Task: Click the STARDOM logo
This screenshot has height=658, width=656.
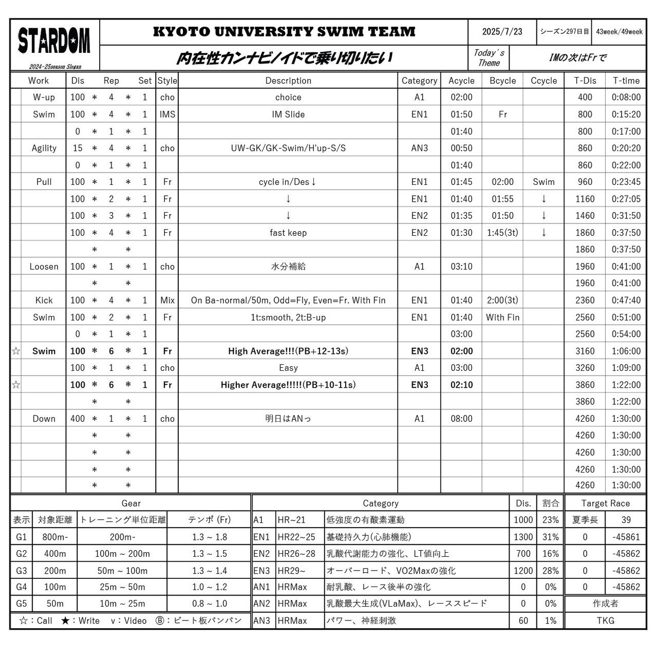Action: click(54, 41)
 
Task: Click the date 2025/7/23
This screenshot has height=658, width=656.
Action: click(502, 32)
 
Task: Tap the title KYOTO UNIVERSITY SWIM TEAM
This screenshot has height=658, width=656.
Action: click(284, 32)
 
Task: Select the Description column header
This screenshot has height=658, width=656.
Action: click(288, 81)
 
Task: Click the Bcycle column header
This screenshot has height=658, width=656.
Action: click(502, 81)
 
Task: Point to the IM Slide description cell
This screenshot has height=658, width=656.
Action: click(288, 115)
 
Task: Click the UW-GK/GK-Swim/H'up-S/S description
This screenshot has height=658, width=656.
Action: click(288, 148)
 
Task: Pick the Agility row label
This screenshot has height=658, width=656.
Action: click(44, 148)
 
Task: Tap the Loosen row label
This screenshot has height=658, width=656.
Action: click(44, 267)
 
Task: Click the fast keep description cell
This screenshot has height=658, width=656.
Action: click(288, 233)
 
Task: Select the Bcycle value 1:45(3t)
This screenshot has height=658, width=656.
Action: click(502, 233)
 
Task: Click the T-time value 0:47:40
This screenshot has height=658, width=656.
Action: click(626, 300)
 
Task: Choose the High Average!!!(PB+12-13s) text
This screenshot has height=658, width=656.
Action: click(288, 351)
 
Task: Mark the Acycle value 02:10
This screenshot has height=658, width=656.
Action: click(461, 385)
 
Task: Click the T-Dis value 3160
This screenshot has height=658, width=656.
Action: click(585, 351)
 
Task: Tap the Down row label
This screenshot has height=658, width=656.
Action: click(44, 419)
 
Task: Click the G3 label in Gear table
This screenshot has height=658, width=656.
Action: click(21, 571)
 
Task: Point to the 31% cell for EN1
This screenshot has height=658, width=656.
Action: click(550, 537)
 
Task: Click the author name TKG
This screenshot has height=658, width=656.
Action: click(605, 621)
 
